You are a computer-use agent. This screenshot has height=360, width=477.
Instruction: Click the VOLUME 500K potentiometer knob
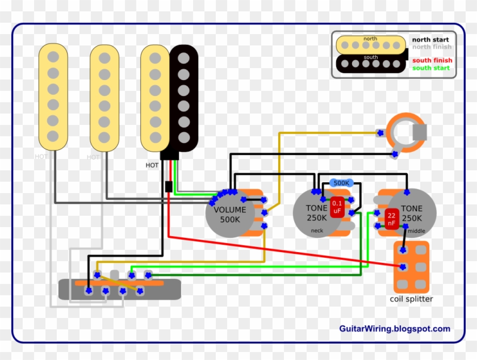point(230,214)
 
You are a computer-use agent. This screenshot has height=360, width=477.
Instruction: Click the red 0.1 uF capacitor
point(337,207)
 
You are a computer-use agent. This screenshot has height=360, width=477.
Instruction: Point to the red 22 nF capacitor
point(392,219)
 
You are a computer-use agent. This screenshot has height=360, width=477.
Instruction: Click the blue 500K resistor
point(341,183)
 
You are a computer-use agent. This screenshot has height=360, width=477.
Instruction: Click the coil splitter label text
point(411,299)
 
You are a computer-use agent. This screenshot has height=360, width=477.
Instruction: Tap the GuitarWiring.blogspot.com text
point(394,329)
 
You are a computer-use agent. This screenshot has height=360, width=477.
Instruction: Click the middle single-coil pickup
point(104,98)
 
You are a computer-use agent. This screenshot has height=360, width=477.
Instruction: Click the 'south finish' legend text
point(432,60)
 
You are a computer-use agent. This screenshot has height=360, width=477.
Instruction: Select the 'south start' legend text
point(430,68)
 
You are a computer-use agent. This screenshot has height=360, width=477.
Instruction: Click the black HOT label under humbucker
point(152,165)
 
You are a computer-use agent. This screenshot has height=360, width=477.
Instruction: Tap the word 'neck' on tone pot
point(317,231)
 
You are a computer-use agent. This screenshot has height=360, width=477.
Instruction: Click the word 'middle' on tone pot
point(416,231)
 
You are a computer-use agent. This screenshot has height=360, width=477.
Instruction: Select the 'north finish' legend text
point(432,47)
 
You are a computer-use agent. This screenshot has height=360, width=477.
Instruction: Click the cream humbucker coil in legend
point(370,44)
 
